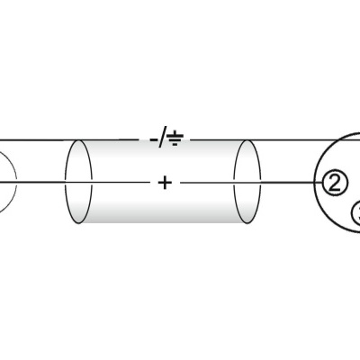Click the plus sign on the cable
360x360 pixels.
(x=164, y=184)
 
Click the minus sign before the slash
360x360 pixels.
(x=154, y=139)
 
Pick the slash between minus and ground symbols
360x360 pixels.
(x=164, y=139)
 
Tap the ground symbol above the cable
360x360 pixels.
(x=176, y=139)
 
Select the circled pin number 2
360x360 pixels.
(x=335, y=184)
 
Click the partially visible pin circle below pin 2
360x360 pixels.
(x=355, y=214)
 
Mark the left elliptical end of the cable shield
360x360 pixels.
(x=79, y=183)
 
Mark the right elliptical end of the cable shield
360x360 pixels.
(x=247, y=183)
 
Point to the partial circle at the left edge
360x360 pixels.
(x=7, y=184)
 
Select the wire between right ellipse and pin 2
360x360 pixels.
(x=288, y=184)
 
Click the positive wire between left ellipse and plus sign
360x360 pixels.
(x=117, y=184)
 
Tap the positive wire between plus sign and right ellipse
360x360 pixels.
(x=207, y=184)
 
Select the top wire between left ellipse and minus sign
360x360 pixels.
(x=117, y=139)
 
